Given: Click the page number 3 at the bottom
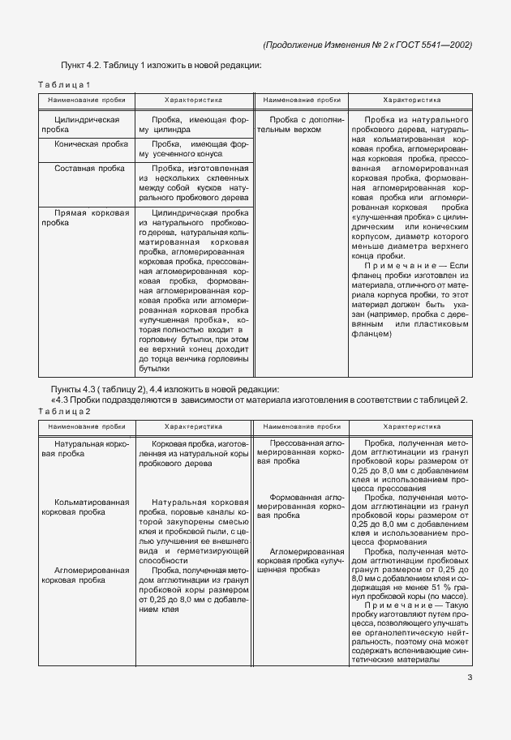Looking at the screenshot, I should [x=470, y=679].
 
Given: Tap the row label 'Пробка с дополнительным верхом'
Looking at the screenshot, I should [x=300, y=124].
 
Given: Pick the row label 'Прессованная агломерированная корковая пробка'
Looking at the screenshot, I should [x=300, y=452].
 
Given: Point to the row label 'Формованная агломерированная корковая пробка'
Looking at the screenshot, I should [x=300, y=506].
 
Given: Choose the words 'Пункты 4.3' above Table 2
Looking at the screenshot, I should [x=79, y=390].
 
